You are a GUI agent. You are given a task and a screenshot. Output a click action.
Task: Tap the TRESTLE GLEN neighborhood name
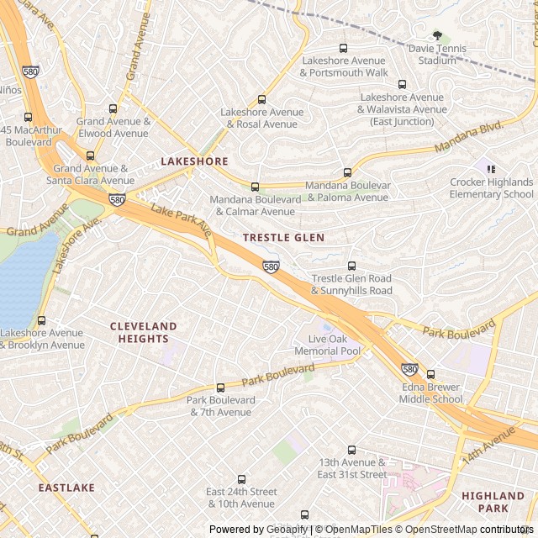click(x=283, y=238)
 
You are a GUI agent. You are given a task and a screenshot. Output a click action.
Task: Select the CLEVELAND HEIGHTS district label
click(x=144, y=332)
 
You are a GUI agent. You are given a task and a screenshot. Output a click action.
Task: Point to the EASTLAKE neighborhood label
click(x=66, y=488)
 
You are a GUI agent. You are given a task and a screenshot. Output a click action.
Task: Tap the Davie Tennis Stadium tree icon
click(x=437, y=35)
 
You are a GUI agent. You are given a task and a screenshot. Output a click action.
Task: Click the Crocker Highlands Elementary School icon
click(x=491, y=169)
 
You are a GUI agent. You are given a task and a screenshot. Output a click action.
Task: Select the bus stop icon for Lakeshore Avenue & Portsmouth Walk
click(x=343, y=48)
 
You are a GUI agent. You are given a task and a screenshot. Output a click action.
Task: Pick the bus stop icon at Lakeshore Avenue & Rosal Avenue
click(x=261, y=99)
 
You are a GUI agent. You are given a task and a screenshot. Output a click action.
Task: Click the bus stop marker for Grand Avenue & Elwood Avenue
click(x=113, y=108)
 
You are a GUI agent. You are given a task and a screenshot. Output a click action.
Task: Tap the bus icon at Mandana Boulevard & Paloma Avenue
click(x=347, y=172)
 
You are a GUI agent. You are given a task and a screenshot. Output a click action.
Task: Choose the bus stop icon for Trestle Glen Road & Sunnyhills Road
click(x=351, y=266)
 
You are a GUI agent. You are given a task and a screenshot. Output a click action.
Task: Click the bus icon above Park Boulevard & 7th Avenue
click(x=220, y=388)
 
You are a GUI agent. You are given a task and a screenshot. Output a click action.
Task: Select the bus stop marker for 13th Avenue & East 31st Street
click(x=351, y=450)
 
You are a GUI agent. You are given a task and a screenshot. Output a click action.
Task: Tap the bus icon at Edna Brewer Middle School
click(x=431, y=374)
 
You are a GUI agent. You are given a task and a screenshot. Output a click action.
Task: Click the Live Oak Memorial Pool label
click(x=328, y=345)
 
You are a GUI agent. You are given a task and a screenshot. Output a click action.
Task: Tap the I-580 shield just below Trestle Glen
click(x=270, y=266)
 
